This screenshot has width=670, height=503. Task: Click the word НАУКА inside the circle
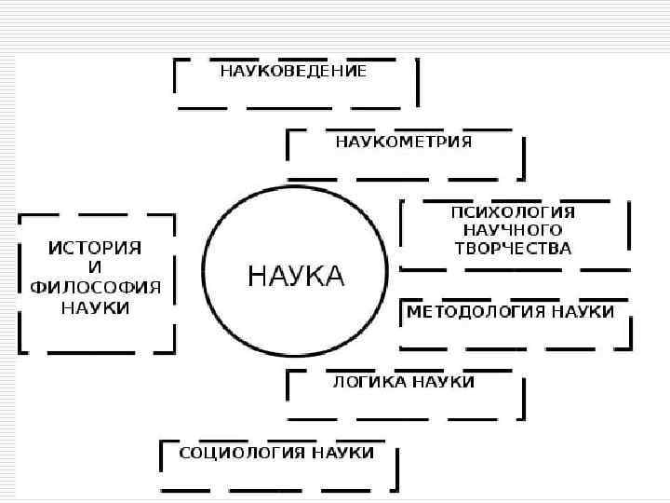[295, 277]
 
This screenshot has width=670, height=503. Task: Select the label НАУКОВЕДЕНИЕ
[293, 71]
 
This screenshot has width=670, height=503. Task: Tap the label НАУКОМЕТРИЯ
[403, 143]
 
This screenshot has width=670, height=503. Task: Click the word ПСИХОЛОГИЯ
[513, 211]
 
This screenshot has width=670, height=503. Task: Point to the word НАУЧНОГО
[513, 230]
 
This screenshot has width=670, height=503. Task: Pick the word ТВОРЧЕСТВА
[513, 249]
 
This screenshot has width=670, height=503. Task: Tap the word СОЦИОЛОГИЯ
[228, 453]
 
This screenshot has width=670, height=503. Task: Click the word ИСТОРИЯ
[95, 248]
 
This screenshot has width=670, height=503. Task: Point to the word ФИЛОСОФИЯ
[96, 287]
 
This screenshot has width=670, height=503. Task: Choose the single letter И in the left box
[95, 267]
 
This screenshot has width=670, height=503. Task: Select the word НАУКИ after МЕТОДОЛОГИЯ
[583, 312]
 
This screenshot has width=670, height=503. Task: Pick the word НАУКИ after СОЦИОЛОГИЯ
[343, 453]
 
